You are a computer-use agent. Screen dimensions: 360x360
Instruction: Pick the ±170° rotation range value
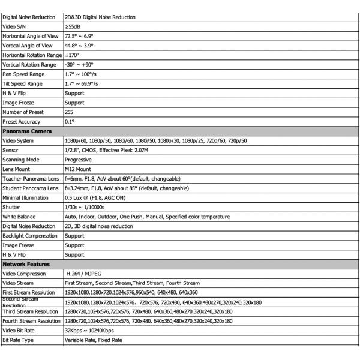point(73,55)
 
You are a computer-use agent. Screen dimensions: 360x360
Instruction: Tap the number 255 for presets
point(70,112)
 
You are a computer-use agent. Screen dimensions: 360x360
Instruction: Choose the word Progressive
point(78,160)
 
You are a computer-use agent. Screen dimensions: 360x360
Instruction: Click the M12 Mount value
point(77,169)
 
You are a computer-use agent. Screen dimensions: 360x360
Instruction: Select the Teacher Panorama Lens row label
point(31,178)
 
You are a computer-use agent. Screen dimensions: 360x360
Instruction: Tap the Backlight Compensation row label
point(31,235)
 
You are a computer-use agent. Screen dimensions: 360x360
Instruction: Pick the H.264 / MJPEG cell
point(87,273)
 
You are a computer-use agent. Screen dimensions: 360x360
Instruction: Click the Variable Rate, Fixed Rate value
point(93,340)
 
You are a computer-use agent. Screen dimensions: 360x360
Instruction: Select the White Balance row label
point(19,216)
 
